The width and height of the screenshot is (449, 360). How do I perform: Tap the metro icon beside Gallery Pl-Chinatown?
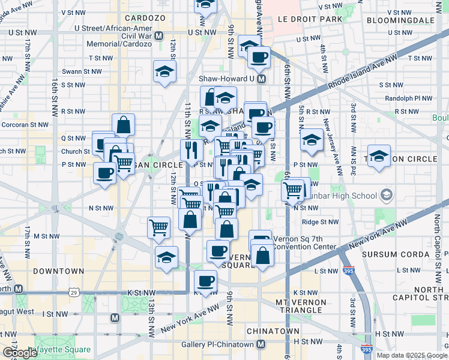pyautogui.click(x=261, y=344)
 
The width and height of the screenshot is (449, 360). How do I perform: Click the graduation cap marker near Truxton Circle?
pyautogui.click(x=379, y=155)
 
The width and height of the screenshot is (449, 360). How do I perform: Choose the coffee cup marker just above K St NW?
pyautogui.click(x=206, y=280)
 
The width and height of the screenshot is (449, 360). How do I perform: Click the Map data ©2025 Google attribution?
pyautogui.click(x=411, y=355)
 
